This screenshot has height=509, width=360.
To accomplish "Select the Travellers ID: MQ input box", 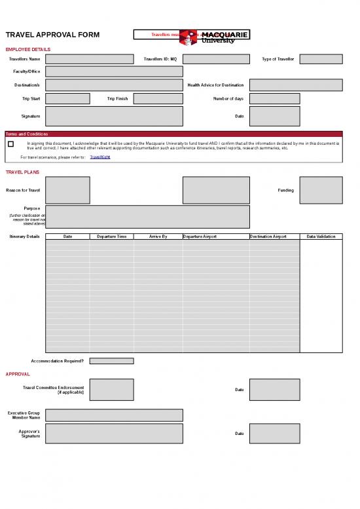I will [216, 59].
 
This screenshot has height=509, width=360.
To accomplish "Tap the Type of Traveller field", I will [321, 59].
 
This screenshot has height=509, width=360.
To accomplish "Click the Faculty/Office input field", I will [114, 71].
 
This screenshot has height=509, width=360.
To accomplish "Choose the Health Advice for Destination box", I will [296, 85].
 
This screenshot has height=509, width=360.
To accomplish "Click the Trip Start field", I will [67, 99].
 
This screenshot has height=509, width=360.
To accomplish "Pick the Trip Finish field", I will [158, 99].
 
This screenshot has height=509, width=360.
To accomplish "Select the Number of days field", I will [274, 99].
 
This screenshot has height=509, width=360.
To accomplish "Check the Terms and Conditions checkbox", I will [10, 144].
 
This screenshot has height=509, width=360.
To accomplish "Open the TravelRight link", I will [99, 157].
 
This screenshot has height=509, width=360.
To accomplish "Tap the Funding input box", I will [321, 190].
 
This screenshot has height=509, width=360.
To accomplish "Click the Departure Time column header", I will [111, 236].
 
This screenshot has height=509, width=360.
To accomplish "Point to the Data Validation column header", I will [321, 236].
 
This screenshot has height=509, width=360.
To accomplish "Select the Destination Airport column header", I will [274, 236].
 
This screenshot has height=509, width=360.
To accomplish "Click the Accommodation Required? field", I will [111, 361].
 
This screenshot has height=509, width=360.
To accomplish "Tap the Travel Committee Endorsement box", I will [111, 390].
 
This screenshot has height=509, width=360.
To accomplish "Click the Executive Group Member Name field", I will [114, 415].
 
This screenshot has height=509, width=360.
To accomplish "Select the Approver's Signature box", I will [114, 433].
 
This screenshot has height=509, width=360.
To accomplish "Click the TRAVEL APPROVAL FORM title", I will [52, 35].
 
